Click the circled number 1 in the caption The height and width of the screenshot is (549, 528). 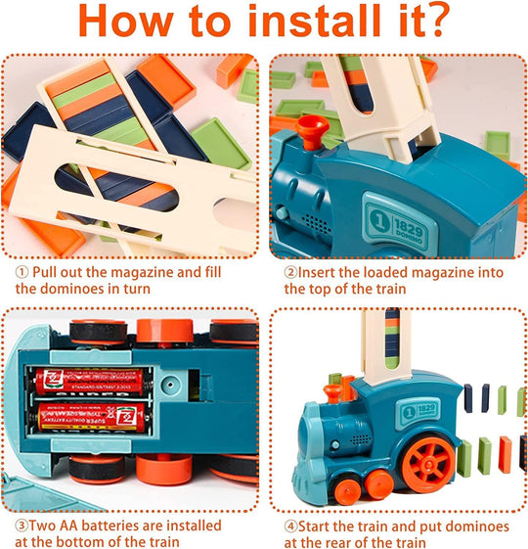pyautogui.click(x=20, y=271)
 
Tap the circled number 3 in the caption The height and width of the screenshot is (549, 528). pyautogui.click(x=20, y=526)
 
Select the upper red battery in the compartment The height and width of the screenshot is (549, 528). pyautogui.click(x=88, y=381)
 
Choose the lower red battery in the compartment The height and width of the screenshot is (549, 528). pyautogui.click(x=88, y=416)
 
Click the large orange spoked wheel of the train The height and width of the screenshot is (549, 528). pyautogui.click(x=423, y=459)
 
